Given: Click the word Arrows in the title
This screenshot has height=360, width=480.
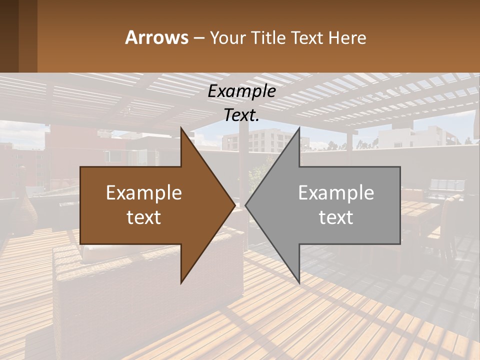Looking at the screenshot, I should [x=156, y=37].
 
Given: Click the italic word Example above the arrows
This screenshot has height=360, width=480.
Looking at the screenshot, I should [x=241, y=91].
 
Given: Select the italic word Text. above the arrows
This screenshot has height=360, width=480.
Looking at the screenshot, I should [x=241, y=115].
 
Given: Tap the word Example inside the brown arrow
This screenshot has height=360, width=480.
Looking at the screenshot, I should [x=143, y=192].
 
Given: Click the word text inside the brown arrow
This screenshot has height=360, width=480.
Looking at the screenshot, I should [x=143, y=217].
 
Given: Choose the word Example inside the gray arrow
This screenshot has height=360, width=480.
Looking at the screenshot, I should [x=336, y=192].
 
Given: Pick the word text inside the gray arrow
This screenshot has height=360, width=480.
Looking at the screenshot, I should [x=336, y=217].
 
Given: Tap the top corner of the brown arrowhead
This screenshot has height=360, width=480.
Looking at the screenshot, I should [x=181, y=127].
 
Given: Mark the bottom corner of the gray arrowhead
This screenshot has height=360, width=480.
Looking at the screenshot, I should [x=299, y=283].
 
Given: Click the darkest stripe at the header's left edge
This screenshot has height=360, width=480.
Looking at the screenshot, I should [x=9, y=36].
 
